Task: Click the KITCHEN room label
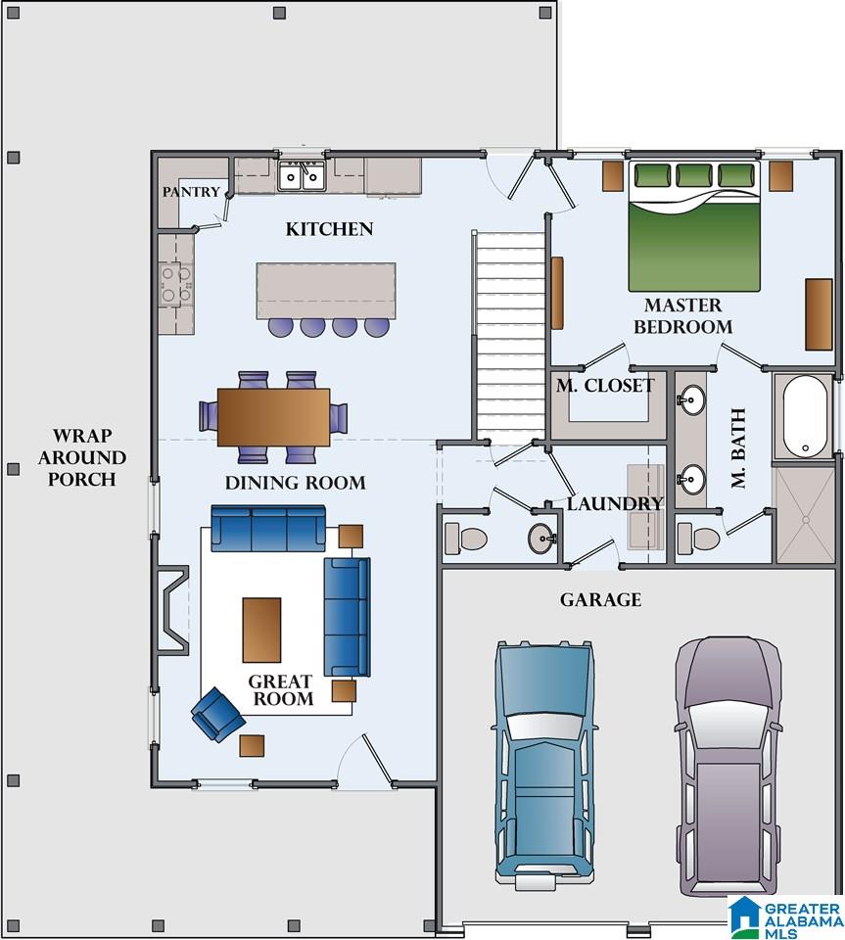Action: click(329, 229)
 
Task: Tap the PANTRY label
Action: click(191, 192)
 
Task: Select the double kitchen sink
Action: click(302, 175)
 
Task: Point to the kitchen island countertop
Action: click(326, 291)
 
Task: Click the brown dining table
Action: click(273, 417)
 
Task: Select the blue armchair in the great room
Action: click(217, 714)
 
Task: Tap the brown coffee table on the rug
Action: click(261, 630)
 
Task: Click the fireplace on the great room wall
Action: click(172, 610)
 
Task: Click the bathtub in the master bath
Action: click(805, 416)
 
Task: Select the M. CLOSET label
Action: click(605, 386)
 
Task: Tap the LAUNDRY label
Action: click(615, 503)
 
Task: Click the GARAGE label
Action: click(600, 599)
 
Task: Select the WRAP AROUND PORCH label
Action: click(82, 457)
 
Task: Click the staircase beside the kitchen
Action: click(509, 337)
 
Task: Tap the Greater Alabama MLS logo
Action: click(786, 917)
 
